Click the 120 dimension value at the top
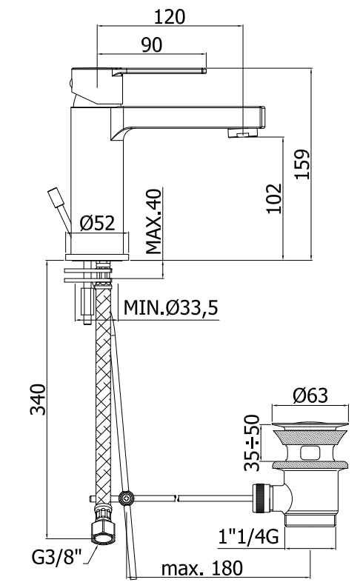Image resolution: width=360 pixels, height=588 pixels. click(170, 17)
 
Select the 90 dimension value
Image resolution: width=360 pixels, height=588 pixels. click(152, 44)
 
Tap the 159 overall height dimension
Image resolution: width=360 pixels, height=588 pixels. click(303, 164)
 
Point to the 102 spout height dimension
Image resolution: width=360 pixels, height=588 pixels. click(274, 198)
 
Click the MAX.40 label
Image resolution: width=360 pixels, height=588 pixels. click(153, 221)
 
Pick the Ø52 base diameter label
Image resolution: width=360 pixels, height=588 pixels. click(97, 224)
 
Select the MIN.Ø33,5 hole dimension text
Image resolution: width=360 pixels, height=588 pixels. click(170, 308)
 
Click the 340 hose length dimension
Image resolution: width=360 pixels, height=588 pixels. click(38, 399)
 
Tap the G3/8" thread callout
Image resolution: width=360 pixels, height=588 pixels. click(56, 556)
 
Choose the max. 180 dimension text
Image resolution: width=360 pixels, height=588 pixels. click(202, 569)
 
